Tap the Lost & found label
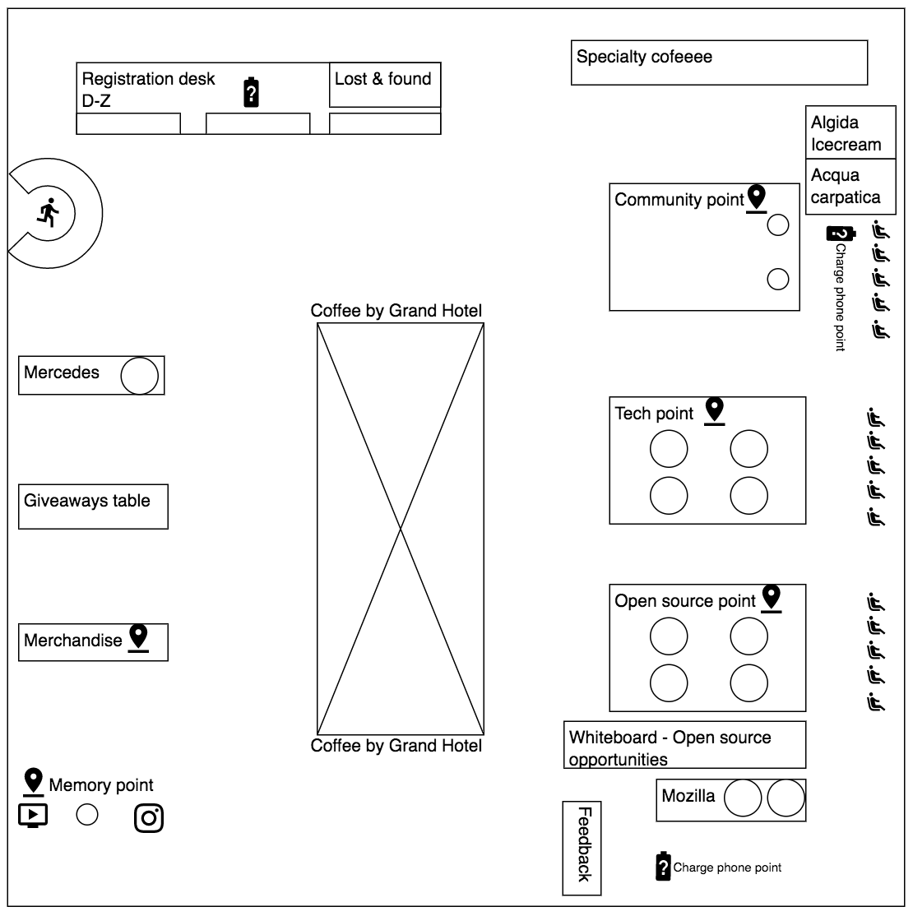[382, 79]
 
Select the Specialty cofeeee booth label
[644, 57]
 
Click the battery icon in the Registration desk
[253, 92]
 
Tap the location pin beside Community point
[756, 198]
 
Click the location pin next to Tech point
[715, 410]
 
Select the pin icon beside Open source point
[771, 598]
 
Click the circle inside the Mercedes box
[139, 376]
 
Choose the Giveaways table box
[93, 507]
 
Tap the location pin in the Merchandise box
[138, 638]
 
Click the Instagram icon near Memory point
[149, 817]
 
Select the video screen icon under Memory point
[33, 815]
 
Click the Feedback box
[582, 847]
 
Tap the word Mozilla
[688, 796]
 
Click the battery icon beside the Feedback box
[663, 866]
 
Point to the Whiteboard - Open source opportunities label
[670, 747]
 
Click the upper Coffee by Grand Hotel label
[396, 311]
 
